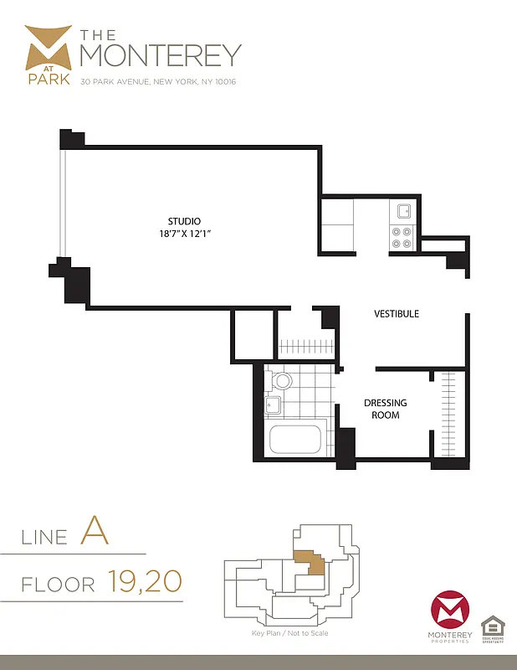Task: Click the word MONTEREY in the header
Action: [160, 54]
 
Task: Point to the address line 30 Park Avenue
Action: [158, 83]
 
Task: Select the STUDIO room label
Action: [184, 221]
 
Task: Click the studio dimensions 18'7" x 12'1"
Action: [184, 234]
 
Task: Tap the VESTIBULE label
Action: [396, 314]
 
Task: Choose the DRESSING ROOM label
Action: [385, 409]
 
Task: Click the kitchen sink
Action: [403, 211]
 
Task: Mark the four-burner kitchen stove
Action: [402, 238]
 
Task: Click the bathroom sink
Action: [273, 407]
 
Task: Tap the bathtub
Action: [294, 439]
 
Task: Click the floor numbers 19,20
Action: [144, 580]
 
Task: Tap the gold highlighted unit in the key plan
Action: [310, 564]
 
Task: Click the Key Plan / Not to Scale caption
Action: [289, 633]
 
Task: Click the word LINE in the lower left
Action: [44, 536]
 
